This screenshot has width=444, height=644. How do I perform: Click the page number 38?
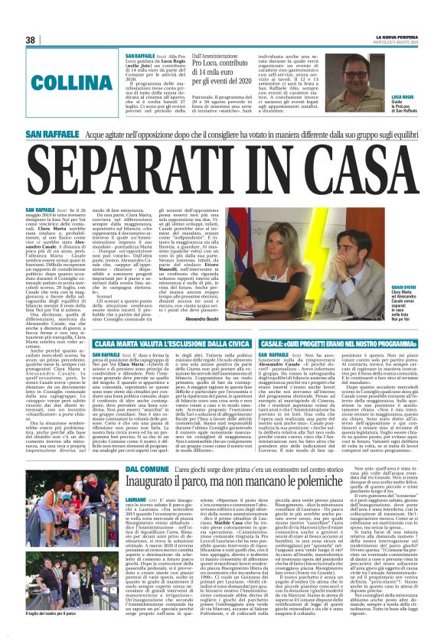(31, 40)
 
